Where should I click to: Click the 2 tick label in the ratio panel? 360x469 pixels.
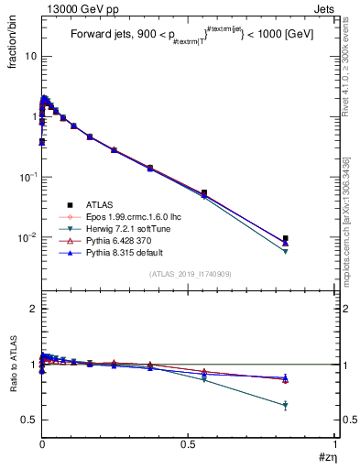coord(32,310)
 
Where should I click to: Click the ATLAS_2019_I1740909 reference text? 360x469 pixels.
coord(189,274)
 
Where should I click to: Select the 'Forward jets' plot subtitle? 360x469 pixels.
coord(104,37)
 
